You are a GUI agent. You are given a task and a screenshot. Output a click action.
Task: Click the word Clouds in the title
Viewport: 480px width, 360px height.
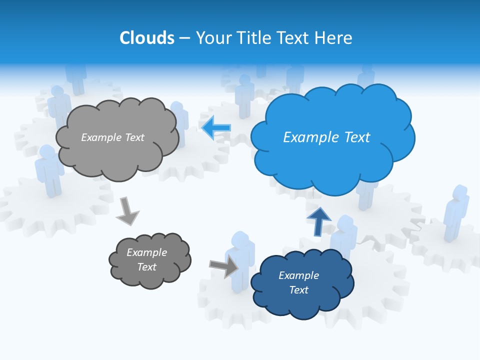tap(146, 38)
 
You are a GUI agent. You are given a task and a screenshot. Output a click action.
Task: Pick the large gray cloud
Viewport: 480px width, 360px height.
tap(117, 137)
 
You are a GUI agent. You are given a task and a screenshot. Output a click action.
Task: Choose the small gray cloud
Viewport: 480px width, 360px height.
tap(149, 260)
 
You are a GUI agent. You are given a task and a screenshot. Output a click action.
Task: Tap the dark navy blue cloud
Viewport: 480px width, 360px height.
tap(301, 283)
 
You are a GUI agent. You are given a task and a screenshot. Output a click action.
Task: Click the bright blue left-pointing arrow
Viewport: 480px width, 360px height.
tap(216, 128)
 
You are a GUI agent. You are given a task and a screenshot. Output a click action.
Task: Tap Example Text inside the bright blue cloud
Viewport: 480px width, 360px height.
tap(326, 137)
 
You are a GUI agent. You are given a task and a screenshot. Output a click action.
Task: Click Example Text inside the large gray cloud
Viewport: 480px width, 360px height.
tap(112, 137)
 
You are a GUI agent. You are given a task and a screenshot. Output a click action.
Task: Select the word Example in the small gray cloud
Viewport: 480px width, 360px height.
tap(146, 252)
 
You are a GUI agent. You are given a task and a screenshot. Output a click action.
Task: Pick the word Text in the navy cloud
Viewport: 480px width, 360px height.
tap(298, 290)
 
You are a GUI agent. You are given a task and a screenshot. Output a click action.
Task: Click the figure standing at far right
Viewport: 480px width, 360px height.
tap(455, 212)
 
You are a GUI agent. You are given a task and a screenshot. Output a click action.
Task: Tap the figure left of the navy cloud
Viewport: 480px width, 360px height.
tap(240, 260)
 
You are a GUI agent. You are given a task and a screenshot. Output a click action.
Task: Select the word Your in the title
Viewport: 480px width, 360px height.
tap(210, 38)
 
